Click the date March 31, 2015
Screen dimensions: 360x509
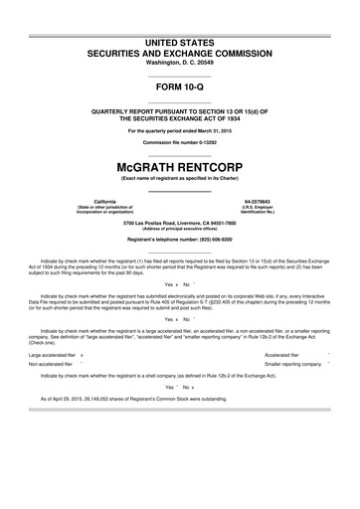(215, 131)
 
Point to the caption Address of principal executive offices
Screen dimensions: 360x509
(180, 229)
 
